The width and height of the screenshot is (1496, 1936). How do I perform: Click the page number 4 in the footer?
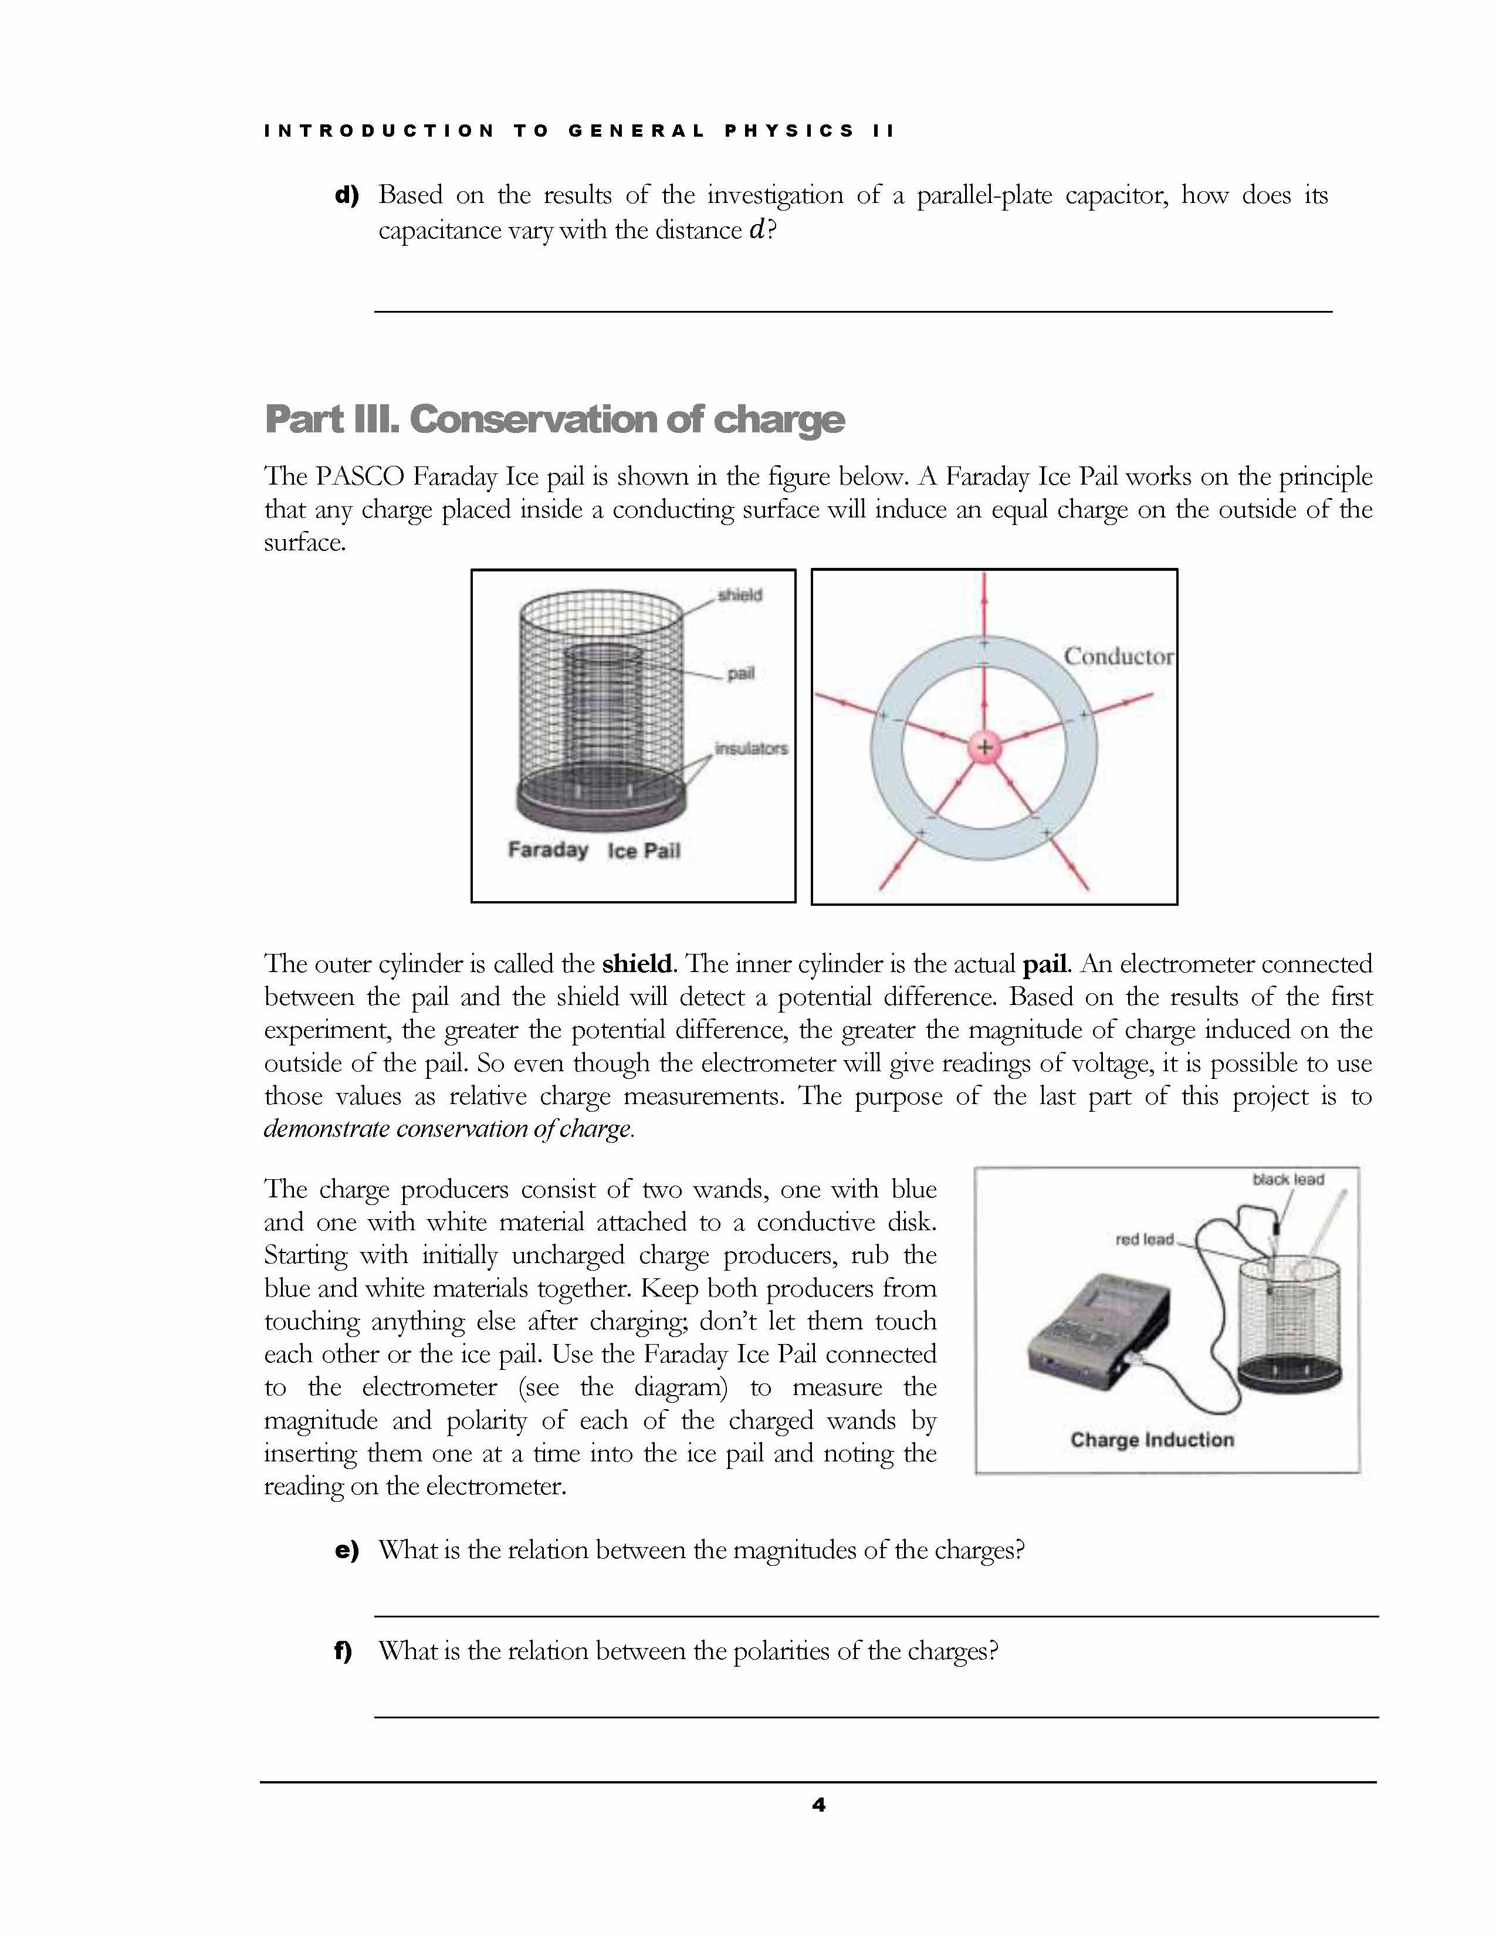tap(818, 1804)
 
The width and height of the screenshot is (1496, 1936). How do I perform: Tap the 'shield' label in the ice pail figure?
tap(740, 595)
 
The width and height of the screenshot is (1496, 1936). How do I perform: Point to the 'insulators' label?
tap(751, 748)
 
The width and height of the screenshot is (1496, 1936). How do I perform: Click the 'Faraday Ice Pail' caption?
tap(594, 850)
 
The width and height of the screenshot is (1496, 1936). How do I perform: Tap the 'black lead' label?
tap(1288, 1179)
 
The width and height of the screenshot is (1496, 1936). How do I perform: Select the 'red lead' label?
tap(1144, 1239)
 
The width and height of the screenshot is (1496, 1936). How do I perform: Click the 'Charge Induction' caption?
tap(1151, 1440)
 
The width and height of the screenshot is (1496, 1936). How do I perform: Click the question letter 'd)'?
tap(347, 195)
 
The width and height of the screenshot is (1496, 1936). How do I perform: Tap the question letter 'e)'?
tap(347, 1551)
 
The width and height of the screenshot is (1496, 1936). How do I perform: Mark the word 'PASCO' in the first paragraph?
tap(360, 477)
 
